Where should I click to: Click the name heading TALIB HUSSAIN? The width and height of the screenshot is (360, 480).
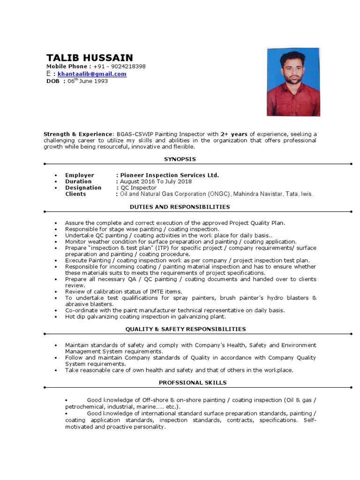[x=90, y=58]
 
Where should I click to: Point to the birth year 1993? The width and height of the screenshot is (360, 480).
[x=100, y=81]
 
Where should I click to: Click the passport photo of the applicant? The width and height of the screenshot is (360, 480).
[x=293, y=82]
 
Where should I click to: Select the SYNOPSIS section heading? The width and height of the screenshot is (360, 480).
[x=180, y=159]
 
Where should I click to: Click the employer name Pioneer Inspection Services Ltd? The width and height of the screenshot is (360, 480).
[x=169, y=175]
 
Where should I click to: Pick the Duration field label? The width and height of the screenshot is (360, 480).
[x=78, y=181]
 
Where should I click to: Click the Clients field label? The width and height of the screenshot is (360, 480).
[x=75, y=194]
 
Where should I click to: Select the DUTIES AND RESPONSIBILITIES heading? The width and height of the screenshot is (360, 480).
[x=180, y=207]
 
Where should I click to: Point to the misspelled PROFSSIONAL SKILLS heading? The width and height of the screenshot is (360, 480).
[x=186, y=383]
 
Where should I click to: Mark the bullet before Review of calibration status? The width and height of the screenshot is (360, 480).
[x=56, y=292]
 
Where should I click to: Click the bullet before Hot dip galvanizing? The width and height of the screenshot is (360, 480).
[x=56, y=317]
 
